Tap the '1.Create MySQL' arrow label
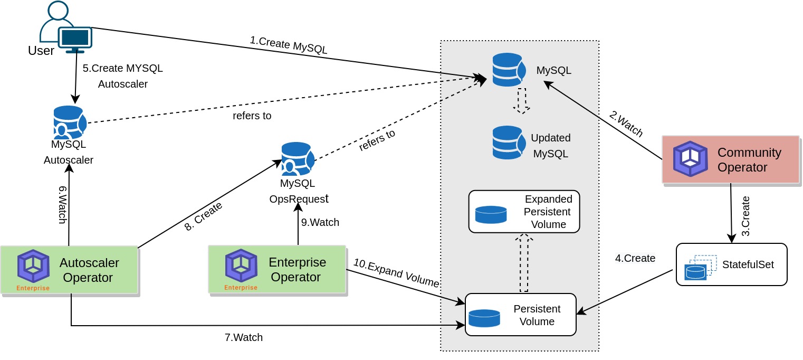pyautogui.click(x=289, y=45)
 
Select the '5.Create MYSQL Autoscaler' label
pyautogui.click(x=122, y=76)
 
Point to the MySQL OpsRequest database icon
pyautogui.click(x=298, y=159)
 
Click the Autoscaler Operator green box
pyautogui.click(x=69, y=270)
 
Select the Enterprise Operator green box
pyautogui.click(x=277, y=269)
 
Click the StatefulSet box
pyautogui.click(x=731, y=264)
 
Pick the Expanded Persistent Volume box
pyautogui.click(x=524, y=212)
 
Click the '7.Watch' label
pyautogui.click(x=243, y=337)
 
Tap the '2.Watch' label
pyautogui.click(x=626, y=124)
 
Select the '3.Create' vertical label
pyautogui.click(x=745, y=216)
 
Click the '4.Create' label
pyautogui.click(x=635, y=258)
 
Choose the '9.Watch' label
pyautogui.click(x=320, y=222)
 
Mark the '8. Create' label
pyautogui.click(x=203, y=216)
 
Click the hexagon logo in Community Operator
pyautogui.click(x=690, y=159)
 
